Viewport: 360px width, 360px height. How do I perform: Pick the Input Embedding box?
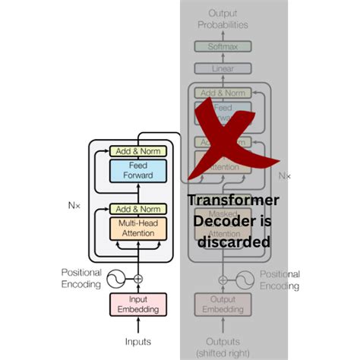click(137, 305)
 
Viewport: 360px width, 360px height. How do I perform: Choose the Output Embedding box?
click(223, 305)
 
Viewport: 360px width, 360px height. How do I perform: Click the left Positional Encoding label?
click(82, 279)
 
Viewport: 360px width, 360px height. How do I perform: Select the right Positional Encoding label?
click(279, 279)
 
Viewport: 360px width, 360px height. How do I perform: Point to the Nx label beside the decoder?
click(285, 175)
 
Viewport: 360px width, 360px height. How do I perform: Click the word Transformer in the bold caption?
click(232, 201)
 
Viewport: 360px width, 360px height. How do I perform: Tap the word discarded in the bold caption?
click(233, 242)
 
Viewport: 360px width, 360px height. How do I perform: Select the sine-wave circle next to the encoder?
click(115, 279)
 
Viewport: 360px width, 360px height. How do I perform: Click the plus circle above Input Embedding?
click(137, 279)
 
